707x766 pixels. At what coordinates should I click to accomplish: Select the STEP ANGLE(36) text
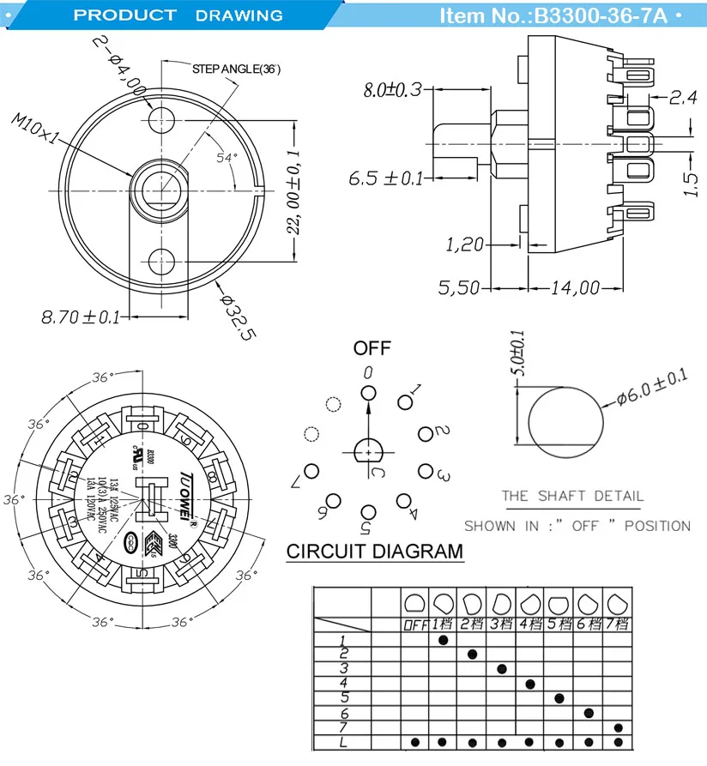pos(236,69)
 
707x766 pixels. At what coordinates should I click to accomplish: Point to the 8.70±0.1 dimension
pos(81,317)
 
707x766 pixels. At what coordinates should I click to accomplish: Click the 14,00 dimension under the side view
pos(575,288)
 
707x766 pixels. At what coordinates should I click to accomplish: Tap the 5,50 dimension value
pos(460,288)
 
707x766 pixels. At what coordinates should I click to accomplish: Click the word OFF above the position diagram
pos(372,348)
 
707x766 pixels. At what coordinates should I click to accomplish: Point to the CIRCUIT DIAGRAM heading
pos(374,551)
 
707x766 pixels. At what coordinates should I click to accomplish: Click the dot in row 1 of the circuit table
pos(444,640)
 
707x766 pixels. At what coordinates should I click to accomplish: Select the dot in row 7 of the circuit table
pos(619,727)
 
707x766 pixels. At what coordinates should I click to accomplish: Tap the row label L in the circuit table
pos(343,742)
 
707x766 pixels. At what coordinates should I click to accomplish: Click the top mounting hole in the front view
pos(160,120)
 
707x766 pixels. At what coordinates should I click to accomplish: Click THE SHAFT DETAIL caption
pos(572,496)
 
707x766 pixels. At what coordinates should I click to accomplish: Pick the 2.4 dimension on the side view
pos(682,99)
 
